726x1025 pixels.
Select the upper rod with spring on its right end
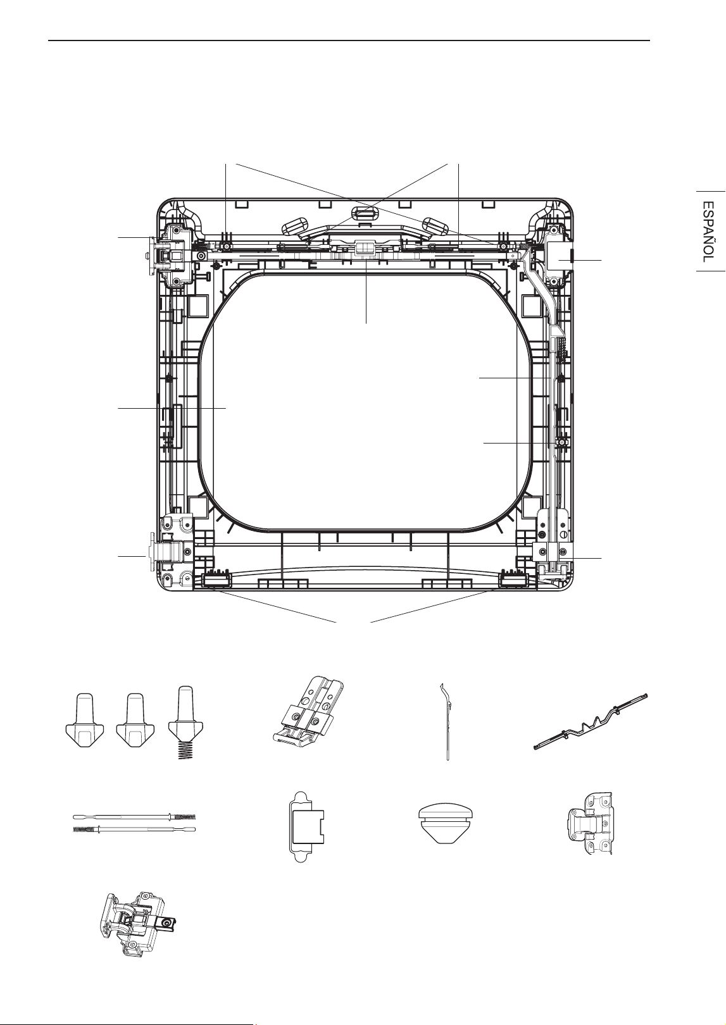click(135, 816)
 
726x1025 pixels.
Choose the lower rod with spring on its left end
click(135, 829)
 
